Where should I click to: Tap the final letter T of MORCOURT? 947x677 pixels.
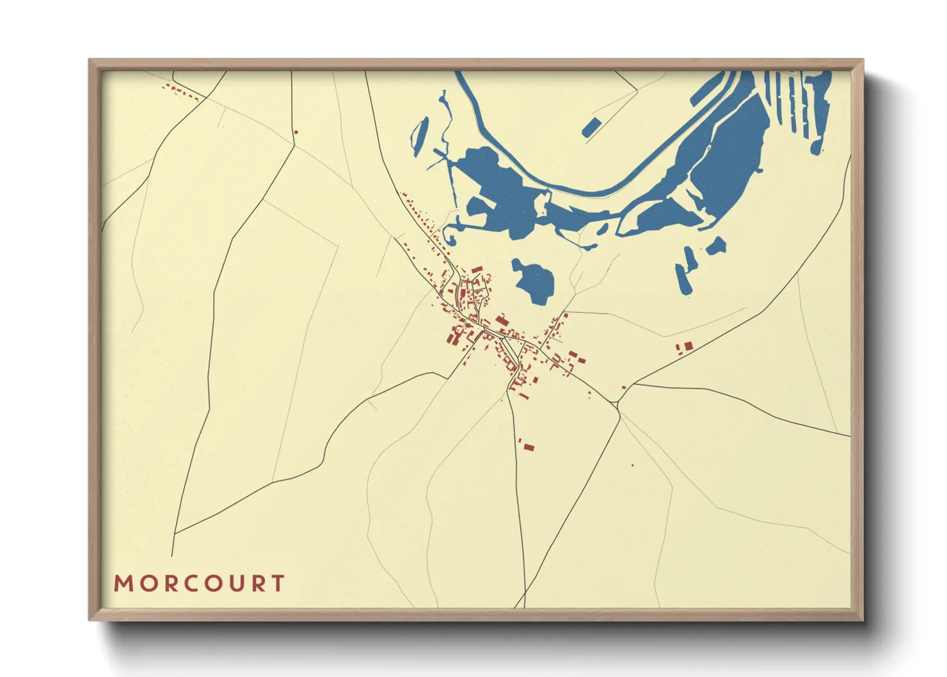(278, 584)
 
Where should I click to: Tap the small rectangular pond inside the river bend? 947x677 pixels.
(591, 127)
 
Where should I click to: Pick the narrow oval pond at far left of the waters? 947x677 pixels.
(420, 136)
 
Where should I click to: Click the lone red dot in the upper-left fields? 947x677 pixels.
(296, 132)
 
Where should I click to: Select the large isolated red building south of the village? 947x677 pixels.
(529, 447)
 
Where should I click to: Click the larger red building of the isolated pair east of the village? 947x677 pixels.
(688, 346)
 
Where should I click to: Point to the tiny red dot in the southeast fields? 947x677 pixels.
(633, 465)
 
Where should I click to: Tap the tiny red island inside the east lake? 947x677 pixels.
(708, 148)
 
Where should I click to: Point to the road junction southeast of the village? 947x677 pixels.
(616, 402)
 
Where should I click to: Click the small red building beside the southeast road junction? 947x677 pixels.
(625, 387)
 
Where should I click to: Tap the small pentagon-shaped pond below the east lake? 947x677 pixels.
(717, 246)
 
